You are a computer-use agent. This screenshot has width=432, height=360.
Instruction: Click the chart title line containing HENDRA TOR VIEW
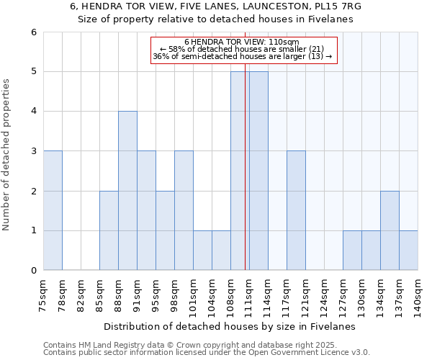pyautogui.click(x=216, y=6)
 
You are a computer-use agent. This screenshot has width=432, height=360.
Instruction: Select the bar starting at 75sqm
pyautogui.click(x=53, y=210)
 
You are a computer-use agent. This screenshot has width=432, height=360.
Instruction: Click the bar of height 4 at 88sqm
pyautogui.click(x=127, y=191)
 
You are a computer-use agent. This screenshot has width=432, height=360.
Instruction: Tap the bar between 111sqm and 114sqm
pyautogui.click(x=258, y=171)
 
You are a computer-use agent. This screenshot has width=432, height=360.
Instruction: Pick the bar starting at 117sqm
pyautogui.click(x=296, y=210)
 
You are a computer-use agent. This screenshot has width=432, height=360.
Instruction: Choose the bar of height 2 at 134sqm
pyautogui.click(x=390, y=230)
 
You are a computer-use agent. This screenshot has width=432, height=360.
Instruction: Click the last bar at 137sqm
pyautogui.click(x=408, y=251)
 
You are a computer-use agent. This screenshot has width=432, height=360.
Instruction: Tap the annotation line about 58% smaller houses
pyautogui.click(x=245, y=49)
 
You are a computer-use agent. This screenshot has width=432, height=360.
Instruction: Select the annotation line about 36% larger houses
pyautogui.click(x=245, y=56)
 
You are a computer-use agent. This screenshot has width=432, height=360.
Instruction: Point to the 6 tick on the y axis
pyautogui.click(x=33, y=32)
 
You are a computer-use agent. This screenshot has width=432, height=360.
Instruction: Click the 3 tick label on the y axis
pyautogui.click(x=33, y=151)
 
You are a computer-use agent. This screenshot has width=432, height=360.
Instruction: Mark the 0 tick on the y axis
pyautogui.click(x=33, y=271)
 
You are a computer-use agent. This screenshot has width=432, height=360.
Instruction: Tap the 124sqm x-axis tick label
pyautogui.click(x=324, y=294)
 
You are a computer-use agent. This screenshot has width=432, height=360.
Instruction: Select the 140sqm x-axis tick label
pyautogui.click(x=418, y=294)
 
